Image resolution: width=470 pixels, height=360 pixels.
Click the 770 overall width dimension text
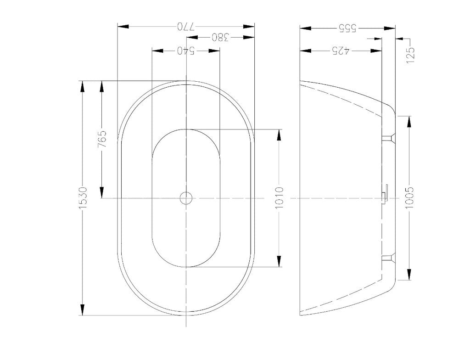pyautogui.click(x=186, y=27)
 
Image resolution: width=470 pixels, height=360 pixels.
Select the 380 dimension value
pyautogui.click(x=220, y=38)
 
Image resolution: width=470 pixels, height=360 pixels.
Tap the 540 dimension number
pyautogui.click(x=186, y=50)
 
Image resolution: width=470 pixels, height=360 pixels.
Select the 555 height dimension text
pyautogui.click(x=347, y=28)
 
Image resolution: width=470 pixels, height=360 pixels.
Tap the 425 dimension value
pyautogui.click(x=341, y=50)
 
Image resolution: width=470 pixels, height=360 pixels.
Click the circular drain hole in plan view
pyautogui.click(x=186, y=198)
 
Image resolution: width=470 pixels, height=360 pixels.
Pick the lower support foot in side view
pyautogui.click(x=389, y=259)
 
